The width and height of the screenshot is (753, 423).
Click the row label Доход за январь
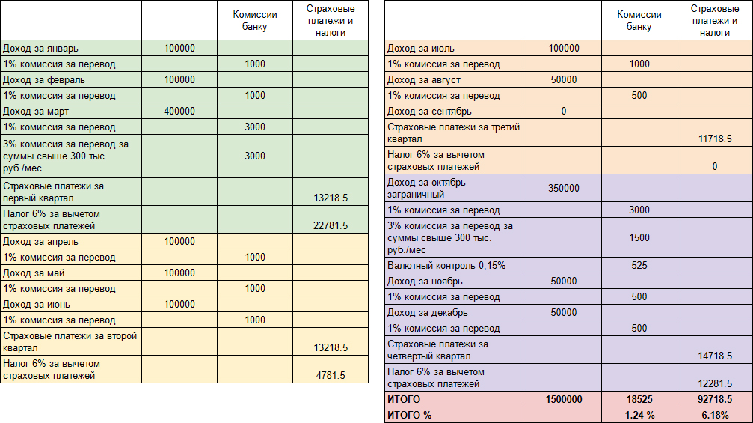tap(40, 49)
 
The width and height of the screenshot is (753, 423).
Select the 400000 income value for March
tap(179, 112)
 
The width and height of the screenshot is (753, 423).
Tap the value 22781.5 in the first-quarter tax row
tap(331, 225)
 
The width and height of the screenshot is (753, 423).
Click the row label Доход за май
tap(34, 273)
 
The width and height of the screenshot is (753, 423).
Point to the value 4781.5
tap(331, 375)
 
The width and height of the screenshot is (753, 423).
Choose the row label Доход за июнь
tap(37, 305)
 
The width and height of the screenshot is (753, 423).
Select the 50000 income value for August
tap(564, 80)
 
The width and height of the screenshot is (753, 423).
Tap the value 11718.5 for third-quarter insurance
tap(715, 139)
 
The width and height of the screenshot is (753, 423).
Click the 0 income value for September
tap(564, 112)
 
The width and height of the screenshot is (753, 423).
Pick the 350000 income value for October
tap(564, 189)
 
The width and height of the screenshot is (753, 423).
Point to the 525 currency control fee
tap(639, 265)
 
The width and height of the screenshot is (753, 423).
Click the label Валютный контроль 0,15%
tap(446, 265)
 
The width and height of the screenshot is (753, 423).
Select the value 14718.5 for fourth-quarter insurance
tap(715, 356)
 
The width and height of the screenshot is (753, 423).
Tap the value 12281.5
tap(715, 383)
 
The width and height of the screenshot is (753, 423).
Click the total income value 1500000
tap(564, 400)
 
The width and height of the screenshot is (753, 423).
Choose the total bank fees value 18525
tap(639, 400)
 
